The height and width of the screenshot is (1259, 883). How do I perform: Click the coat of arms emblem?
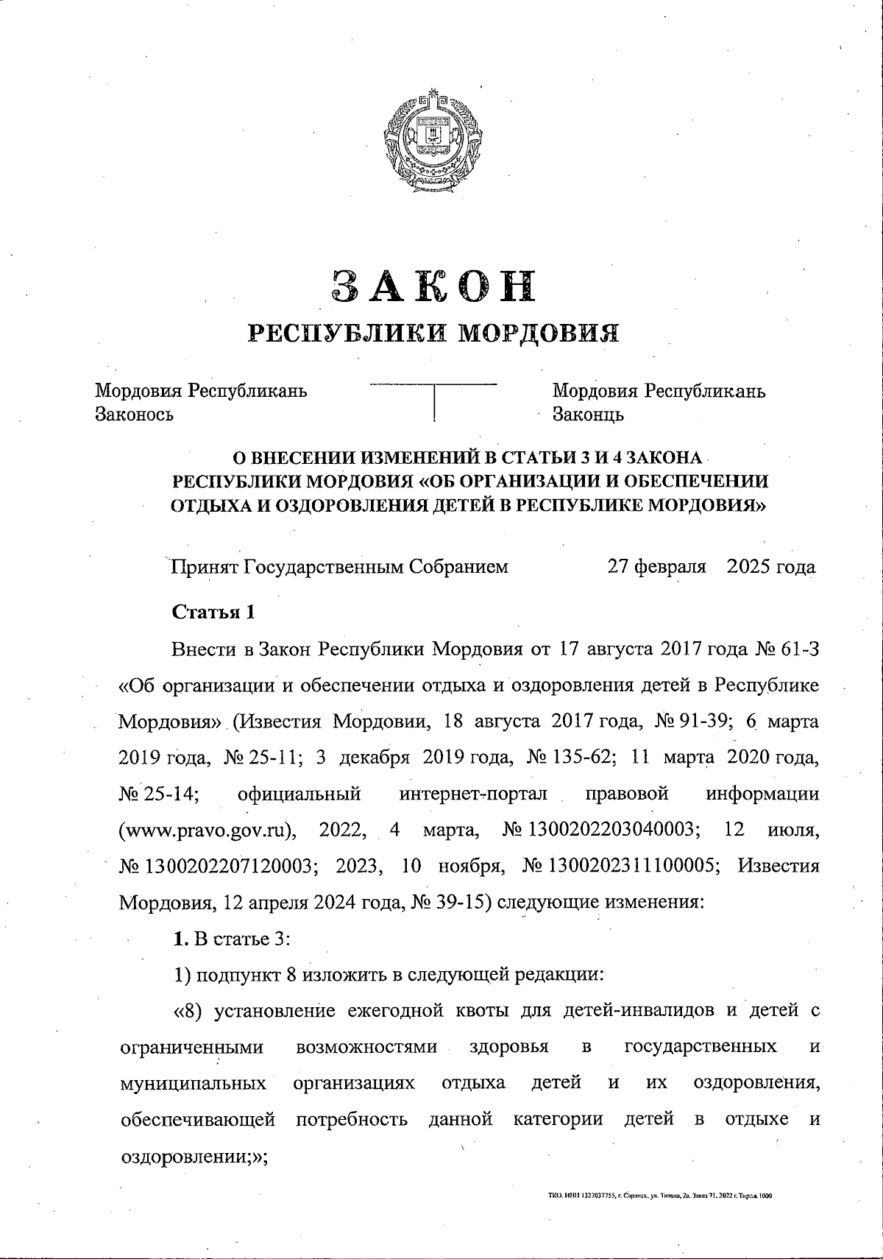[x=433, y=142]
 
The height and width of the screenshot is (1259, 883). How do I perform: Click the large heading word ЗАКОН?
[x=433, y=287]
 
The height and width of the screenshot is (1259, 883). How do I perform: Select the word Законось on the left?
[x=135, y=415]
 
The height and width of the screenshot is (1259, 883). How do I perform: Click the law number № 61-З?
[x=787, y=649]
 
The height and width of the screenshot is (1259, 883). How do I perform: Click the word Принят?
[x=204, y=567]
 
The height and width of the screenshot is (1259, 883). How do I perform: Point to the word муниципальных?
[x=193, y=1083]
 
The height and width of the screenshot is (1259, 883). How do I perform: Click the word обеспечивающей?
[x=198, y=1119]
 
